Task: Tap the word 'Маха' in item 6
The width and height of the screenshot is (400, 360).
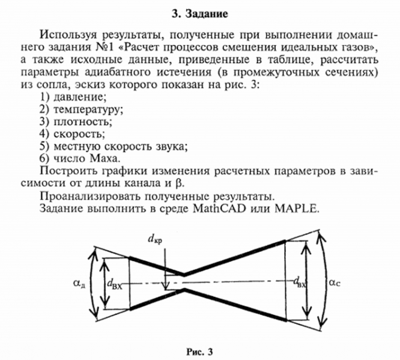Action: (108, 159)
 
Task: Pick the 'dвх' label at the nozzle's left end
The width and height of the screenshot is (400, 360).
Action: (117, 283)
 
